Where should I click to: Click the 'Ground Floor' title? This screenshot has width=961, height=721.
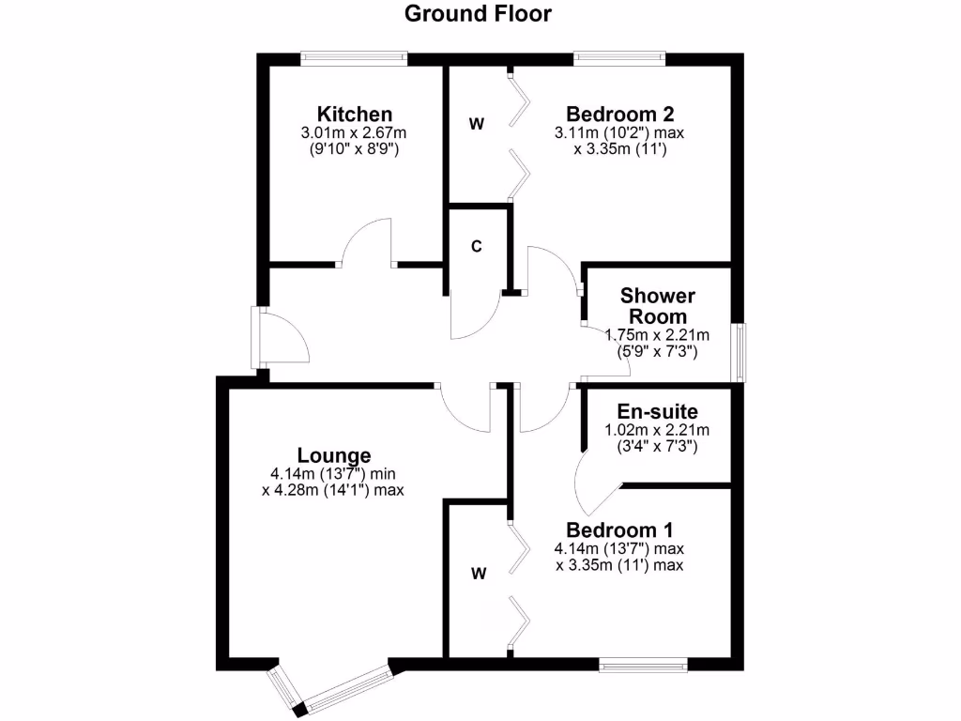(x=479, y=13)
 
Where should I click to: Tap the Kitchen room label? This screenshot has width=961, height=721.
(x=354, y=115)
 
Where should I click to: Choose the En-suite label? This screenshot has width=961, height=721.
(x=657, y=411)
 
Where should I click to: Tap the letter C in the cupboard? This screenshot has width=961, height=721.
(x=477, y=247)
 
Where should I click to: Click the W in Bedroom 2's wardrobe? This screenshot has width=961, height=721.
(x=477, y=124)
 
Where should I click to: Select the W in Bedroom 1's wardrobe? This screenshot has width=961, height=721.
(x=479, y=575)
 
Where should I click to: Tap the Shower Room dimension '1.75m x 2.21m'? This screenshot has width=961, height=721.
(x=657, y=335)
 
